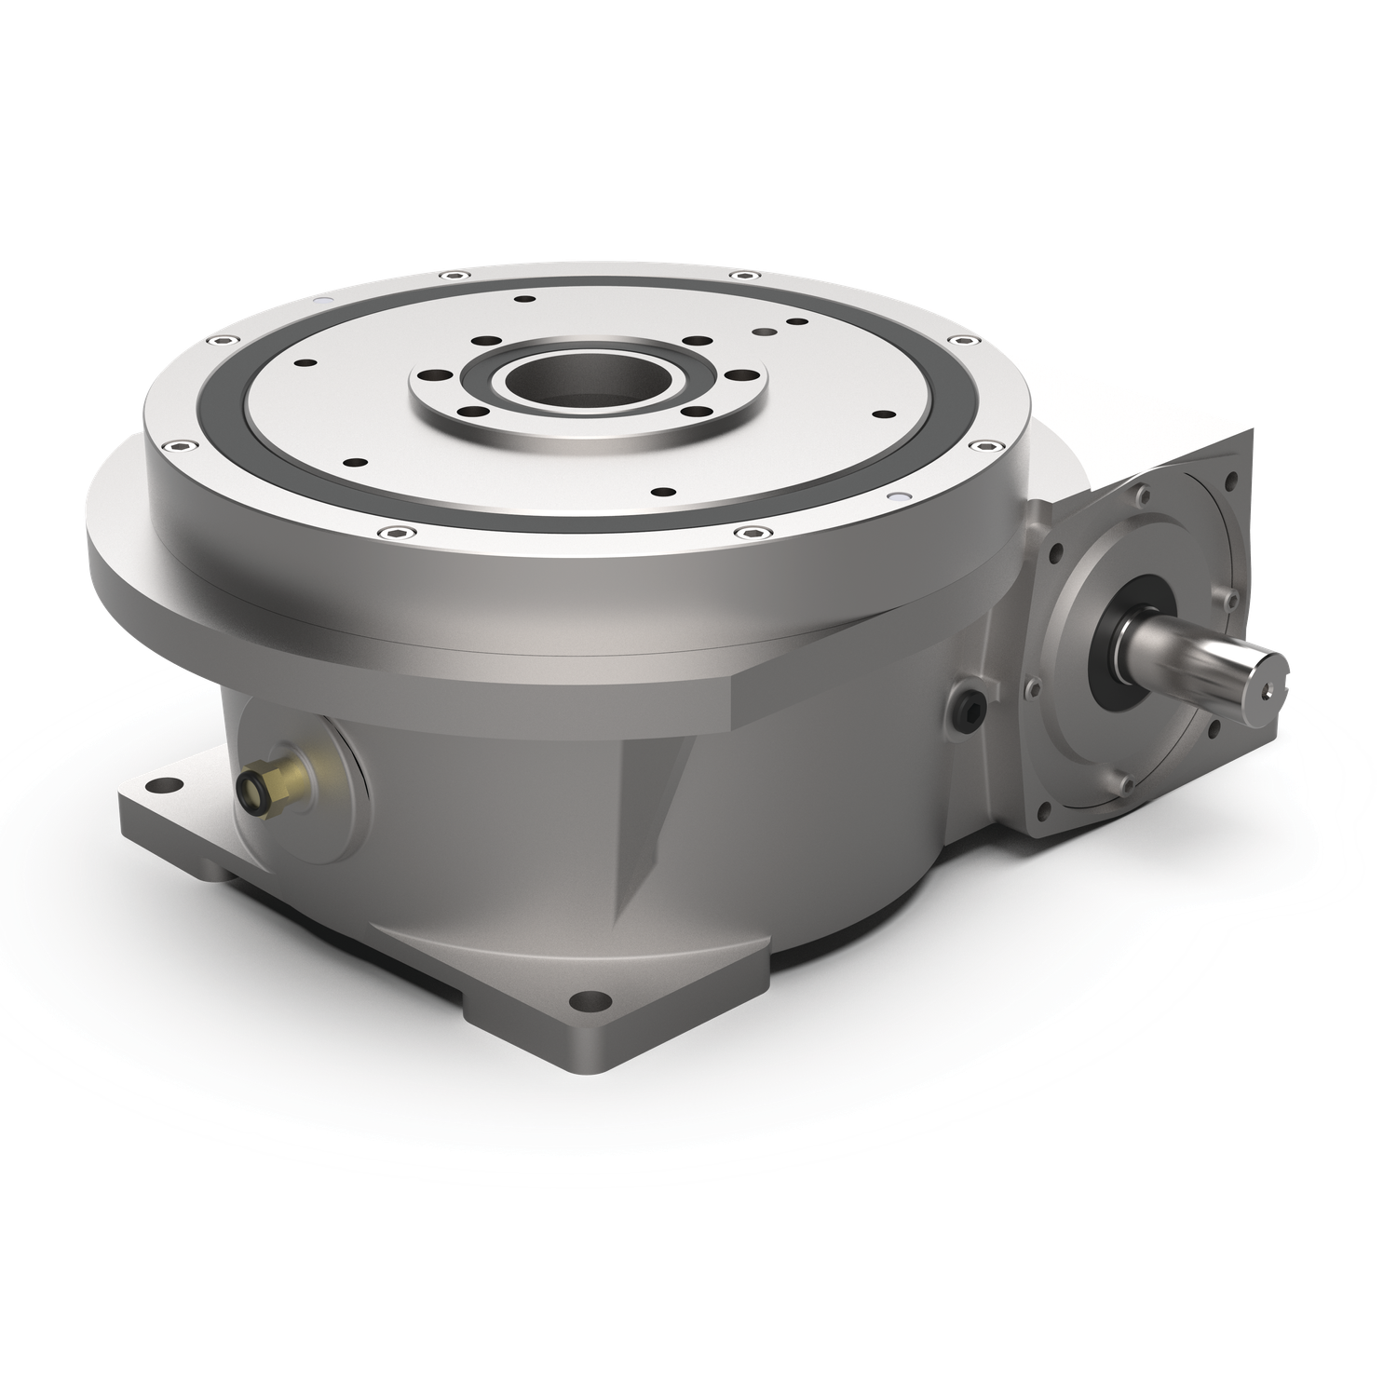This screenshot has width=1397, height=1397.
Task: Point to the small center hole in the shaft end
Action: click(x=1268, y=692)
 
